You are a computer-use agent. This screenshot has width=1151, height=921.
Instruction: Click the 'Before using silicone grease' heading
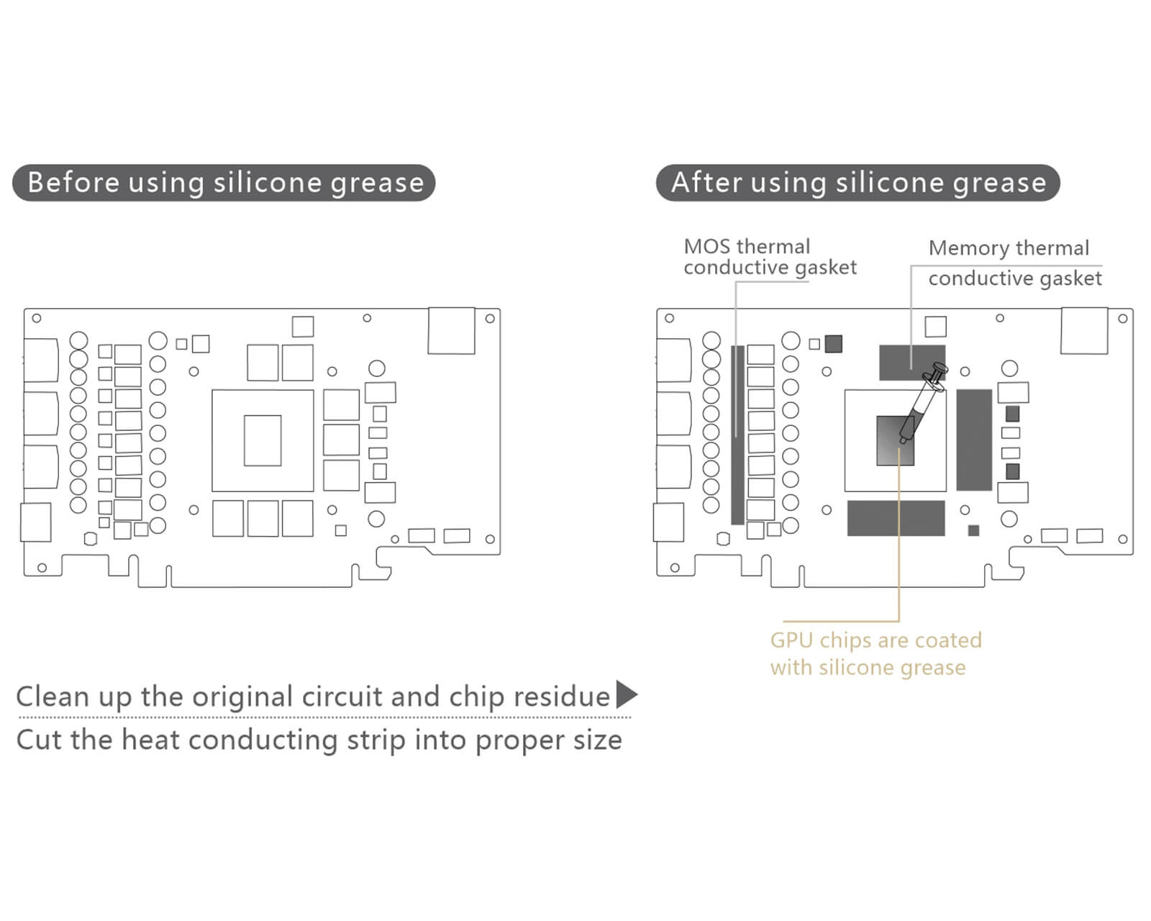coord(224,183)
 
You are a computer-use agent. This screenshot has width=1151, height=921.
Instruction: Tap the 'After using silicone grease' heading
coord(857,183)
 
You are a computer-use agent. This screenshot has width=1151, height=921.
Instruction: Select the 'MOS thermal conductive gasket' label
coord(770,257)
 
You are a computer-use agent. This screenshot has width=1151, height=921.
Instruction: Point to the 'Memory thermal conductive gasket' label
coord(1014,263)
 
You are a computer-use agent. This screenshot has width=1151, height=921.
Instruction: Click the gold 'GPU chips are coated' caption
coord(875,640)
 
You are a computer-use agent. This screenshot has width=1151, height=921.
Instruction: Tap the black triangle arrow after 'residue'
coord(627,695)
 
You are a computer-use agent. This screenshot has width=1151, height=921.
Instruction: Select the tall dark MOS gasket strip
coord(737,435)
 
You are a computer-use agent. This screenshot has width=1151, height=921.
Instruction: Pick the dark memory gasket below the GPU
coord(896,518)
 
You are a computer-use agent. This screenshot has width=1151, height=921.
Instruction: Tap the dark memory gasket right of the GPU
coord(974,440)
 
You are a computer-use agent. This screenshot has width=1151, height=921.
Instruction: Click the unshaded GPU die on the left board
coord(263,440)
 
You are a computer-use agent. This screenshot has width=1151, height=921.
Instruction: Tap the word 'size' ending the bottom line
coord(597,740)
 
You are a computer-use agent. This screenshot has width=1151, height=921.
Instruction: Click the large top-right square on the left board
coord(451,331)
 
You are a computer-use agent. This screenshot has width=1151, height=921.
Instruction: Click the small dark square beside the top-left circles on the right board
coord(833,344)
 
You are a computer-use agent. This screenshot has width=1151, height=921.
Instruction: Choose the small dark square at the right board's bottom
coord(973,531)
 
